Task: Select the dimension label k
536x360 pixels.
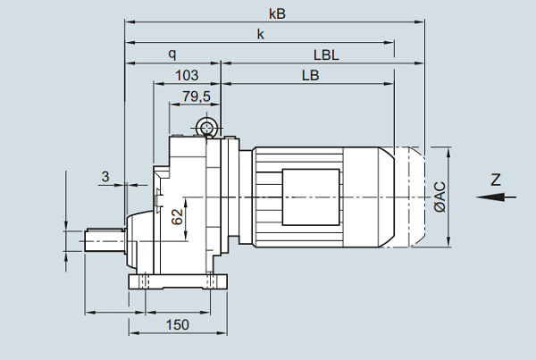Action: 261,34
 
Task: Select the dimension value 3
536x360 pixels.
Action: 105,177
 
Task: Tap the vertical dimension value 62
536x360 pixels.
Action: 177,215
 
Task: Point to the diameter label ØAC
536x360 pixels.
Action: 439,197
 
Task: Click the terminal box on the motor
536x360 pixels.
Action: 310,193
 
